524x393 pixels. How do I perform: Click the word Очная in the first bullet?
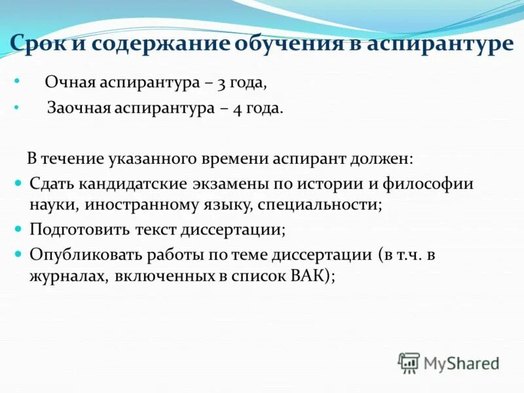click(x=69, y=83)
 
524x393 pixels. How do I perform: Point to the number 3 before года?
click(x=220, y=83)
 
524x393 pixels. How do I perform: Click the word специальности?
click(x=319, y=204)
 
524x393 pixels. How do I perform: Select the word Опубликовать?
click(x=86, y=255)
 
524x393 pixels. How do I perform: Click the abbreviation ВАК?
click(x=309, y=276)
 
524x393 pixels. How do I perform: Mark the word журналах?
click(x=69, y=276)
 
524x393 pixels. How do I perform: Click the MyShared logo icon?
click(x=409, y=362)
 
